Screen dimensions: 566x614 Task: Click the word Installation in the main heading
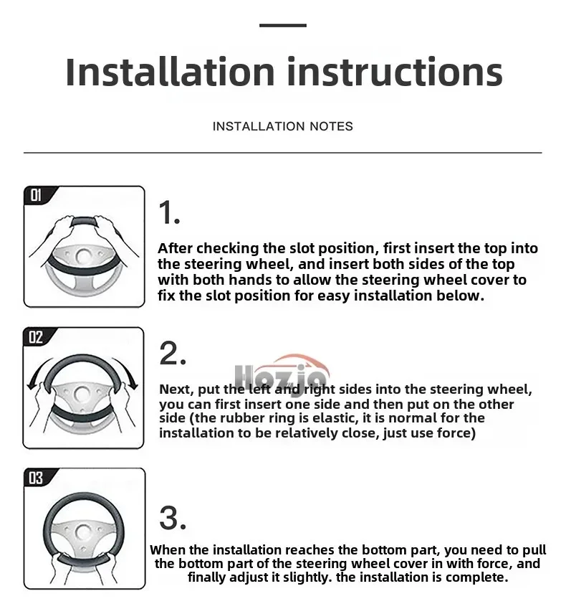click(x=170, y=72)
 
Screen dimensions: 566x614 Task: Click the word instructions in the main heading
click(x=395, y=72)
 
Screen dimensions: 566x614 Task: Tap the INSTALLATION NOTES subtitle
click(x=282, y=126)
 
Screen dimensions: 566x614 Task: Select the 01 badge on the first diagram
click(x=36, y=194)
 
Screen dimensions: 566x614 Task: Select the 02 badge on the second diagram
click(x=36, y=336)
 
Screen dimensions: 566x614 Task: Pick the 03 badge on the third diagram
click(x=36, y=478)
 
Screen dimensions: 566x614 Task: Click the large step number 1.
click(x=168, y=212)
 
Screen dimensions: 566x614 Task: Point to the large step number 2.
click(x=172, y=353)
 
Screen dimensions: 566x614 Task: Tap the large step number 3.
click(x=172, y=518)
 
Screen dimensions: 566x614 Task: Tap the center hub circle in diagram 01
click(x=83, y=256)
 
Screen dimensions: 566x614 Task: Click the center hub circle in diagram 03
click(x=83, y=532)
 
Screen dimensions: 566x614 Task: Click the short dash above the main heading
click(x=283, y=25)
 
